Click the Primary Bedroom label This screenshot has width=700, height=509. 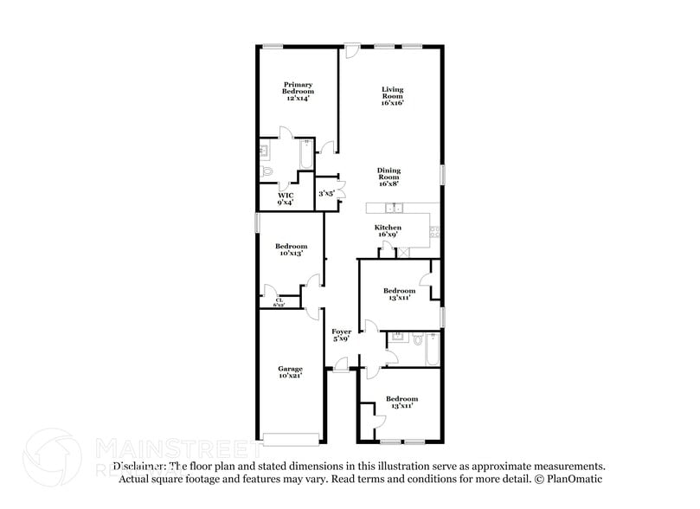(299, 91)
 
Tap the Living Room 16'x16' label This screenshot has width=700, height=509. (393, 96)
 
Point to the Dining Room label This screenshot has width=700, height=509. (389, 177)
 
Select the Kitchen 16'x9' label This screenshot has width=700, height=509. (387, 231)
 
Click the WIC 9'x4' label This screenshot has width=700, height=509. (286, 199)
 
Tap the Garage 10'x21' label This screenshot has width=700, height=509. (290, 372)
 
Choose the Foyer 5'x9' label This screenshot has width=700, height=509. (341, 334)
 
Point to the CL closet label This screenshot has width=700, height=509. (279, 302)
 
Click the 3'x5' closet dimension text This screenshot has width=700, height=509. (326, 194)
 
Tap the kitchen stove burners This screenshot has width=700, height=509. (434, 231)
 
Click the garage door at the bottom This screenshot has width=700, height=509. (290, 437)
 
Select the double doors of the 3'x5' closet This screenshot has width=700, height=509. (342, 190)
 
